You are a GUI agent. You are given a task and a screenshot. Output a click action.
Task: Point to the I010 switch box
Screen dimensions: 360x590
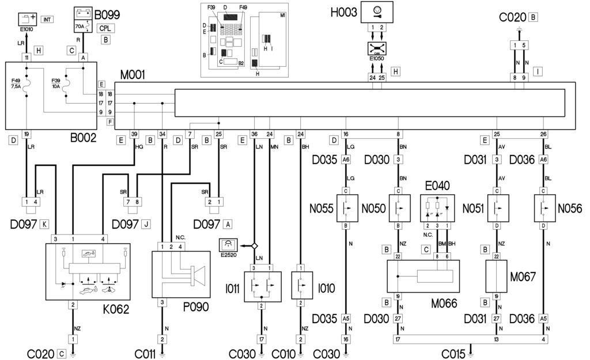coord(301,286)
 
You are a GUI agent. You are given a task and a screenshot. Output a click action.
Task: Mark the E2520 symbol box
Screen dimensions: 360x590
coord(229,246)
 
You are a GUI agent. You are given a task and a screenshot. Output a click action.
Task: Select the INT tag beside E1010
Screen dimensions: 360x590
coord(48,20)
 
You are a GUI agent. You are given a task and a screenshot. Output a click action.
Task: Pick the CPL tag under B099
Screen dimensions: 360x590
coord(105,28)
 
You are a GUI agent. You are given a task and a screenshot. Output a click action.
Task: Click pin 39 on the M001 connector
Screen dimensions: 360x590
coord(135,134)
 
